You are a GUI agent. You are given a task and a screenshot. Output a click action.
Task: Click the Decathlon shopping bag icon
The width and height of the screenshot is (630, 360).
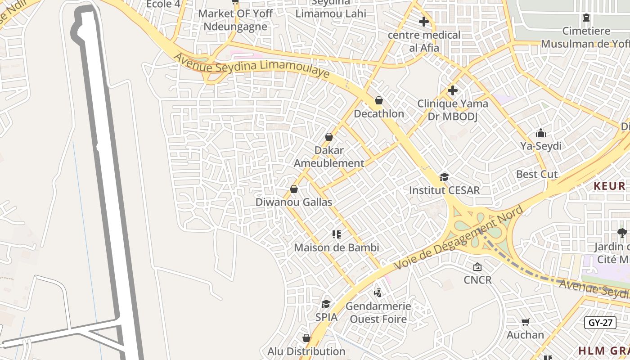(x=379, y=100)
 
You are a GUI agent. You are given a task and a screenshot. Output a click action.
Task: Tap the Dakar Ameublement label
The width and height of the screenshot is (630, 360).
(x=329, y=157)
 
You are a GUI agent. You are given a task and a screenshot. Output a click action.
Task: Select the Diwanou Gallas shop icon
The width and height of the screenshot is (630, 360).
(x=294, y=189)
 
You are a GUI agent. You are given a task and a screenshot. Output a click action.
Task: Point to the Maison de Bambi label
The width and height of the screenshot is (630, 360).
(x=336, y=247)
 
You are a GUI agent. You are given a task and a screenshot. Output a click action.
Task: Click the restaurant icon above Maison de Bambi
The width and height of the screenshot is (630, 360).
(x=336, y=234)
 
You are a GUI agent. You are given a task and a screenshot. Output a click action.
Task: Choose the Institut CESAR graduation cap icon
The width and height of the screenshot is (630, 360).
(x=444, y=177)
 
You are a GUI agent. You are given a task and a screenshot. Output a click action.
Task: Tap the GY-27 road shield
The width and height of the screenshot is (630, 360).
(x=600, y=323)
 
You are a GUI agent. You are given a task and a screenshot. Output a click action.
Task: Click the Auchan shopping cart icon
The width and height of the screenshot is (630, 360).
(x=525, y=322)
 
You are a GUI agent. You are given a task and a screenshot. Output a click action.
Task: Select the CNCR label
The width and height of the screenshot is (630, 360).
(x=477, y=280)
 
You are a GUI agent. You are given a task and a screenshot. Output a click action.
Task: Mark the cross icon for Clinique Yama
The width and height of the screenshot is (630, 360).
(x=453, y=90)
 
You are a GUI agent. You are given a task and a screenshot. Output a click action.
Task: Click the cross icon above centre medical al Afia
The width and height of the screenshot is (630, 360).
(x=424, y=21)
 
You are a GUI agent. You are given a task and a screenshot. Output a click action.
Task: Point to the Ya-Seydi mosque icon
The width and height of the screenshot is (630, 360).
(x=541, y=133)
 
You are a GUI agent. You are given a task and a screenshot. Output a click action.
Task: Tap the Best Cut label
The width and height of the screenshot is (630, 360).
(x=537, y=174)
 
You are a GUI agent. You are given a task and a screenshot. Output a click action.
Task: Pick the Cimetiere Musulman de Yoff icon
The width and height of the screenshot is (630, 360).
(x=586, y=18)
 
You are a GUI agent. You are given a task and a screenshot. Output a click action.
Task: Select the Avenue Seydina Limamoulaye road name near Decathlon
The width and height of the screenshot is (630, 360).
(x=252, y=66)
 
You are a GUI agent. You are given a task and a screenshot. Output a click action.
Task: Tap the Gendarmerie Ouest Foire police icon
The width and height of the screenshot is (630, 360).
(x=378, y=293)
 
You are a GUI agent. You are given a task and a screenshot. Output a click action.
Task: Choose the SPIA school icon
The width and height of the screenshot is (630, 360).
(x=326, y=304)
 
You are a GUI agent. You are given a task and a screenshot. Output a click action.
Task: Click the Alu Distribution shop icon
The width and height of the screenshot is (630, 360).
(x=306, y=338)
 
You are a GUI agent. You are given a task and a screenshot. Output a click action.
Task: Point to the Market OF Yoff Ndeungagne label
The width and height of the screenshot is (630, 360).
(x=235, y=20)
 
